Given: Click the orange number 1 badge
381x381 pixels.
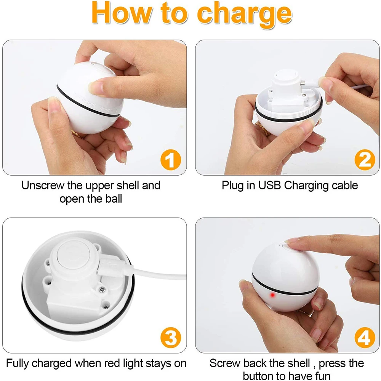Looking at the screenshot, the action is [x=171, y=160].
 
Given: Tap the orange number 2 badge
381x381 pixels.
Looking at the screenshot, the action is [x=365, y=160].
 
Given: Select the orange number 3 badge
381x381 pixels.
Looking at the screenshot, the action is [x=171, y=338].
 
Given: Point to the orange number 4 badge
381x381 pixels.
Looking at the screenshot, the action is [x=365, y=338].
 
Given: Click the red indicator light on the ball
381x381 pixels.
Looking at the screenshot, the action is [x=272, y=295].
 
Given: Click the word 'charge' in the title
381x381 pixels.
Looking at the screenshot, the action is [x=245, y=14].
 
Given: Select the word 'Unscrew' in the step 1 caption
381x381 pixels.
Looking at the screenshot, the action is [x=43, y=186].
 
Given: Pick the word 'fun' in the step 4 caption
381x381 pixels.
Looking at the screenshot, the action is [x=321, y=376].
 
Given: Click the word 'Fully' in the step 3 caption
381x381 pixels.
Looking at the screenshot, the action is [x=18, y=364].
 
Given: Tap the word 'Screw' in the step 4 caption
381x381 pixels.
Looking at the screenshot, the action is [x=225, y=363].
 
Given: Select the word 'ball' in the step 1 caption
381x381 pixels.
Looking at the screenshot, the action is [x=114, y=199].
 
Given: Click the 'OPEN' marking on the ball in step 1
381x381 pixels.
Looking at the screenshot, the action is [x=105, y=109].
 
